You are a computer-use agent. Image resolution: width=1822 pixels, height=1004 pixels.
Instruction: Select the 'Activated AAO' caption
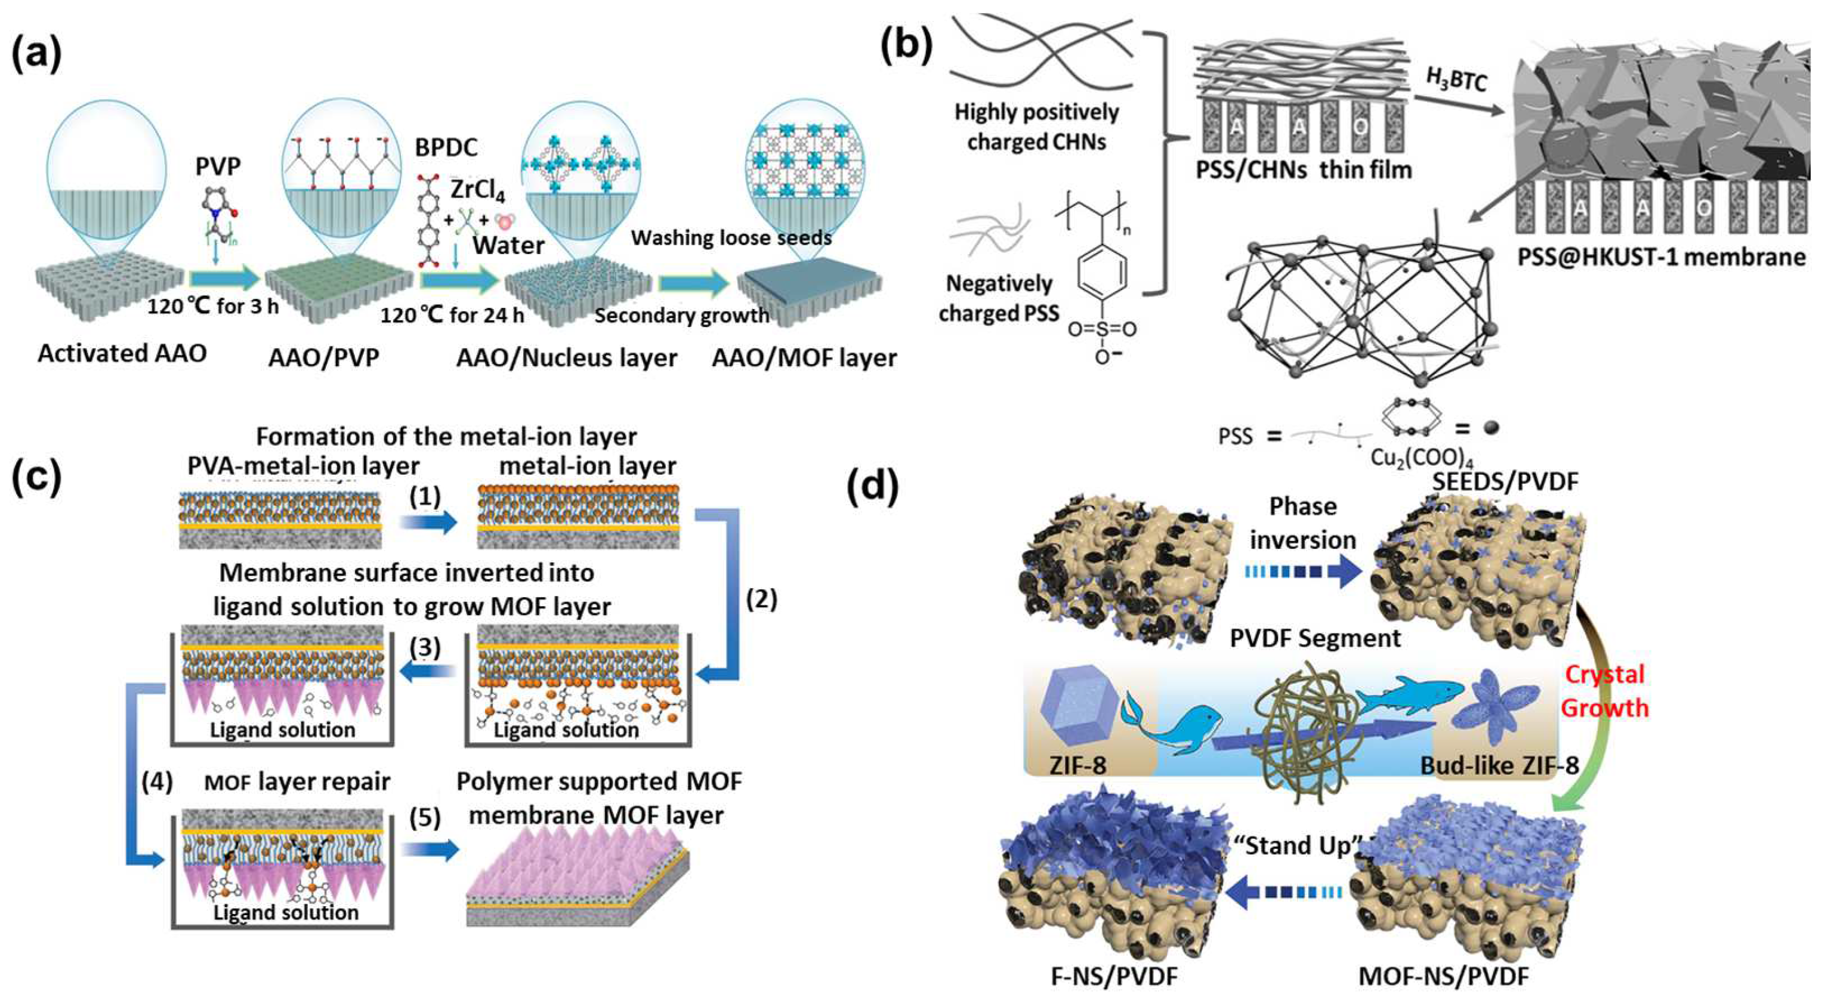122,353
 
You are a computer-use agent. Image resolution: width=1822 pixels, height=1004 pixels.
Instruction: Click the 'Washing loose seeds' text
731,237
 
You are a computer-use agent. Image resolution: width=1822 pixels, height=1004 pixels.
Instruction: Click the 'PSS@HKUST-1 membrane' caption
1661,257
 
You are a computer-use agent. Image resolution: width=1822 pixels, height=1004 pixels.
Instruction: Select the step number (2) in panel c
761,600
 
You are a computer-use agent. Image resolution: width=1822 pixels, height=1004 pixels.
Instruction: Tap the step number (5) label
424,817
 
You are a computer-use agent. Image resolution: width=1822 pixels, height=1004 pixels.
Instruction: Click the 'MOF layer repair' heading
297,782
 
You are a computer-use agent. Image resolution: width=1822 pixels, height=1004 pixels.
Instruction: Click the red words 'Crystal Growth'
1604,691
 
